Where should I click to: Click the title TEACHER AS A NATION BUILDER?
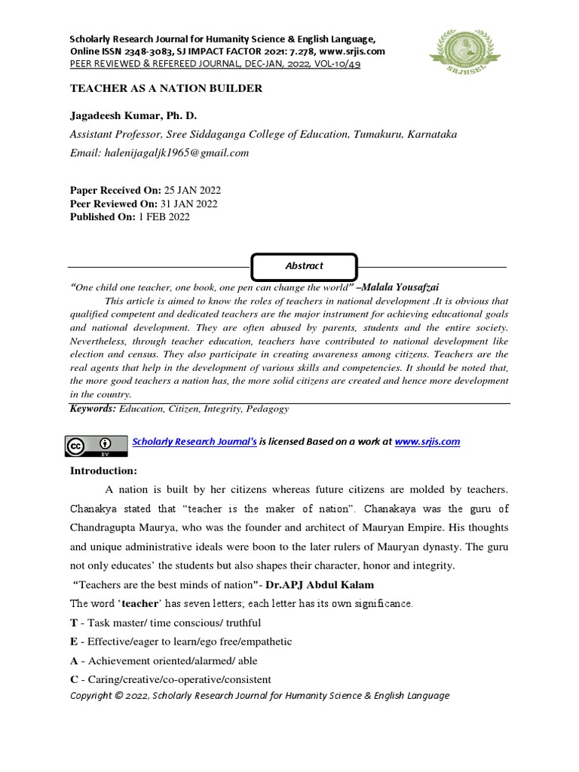[166, 89]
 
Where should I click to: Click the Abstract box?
[304, 266]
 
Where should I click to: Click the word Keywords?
[93, 409]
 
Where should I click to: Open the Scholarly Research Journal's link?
[195, 442]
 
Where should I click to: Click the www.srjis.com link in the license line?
[427, 442]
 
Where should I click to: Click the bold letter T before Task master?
[74, 623]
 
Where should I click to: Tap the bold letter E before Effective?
[74, 642]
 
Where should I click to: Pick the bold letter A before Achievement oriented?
[74, 660]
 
